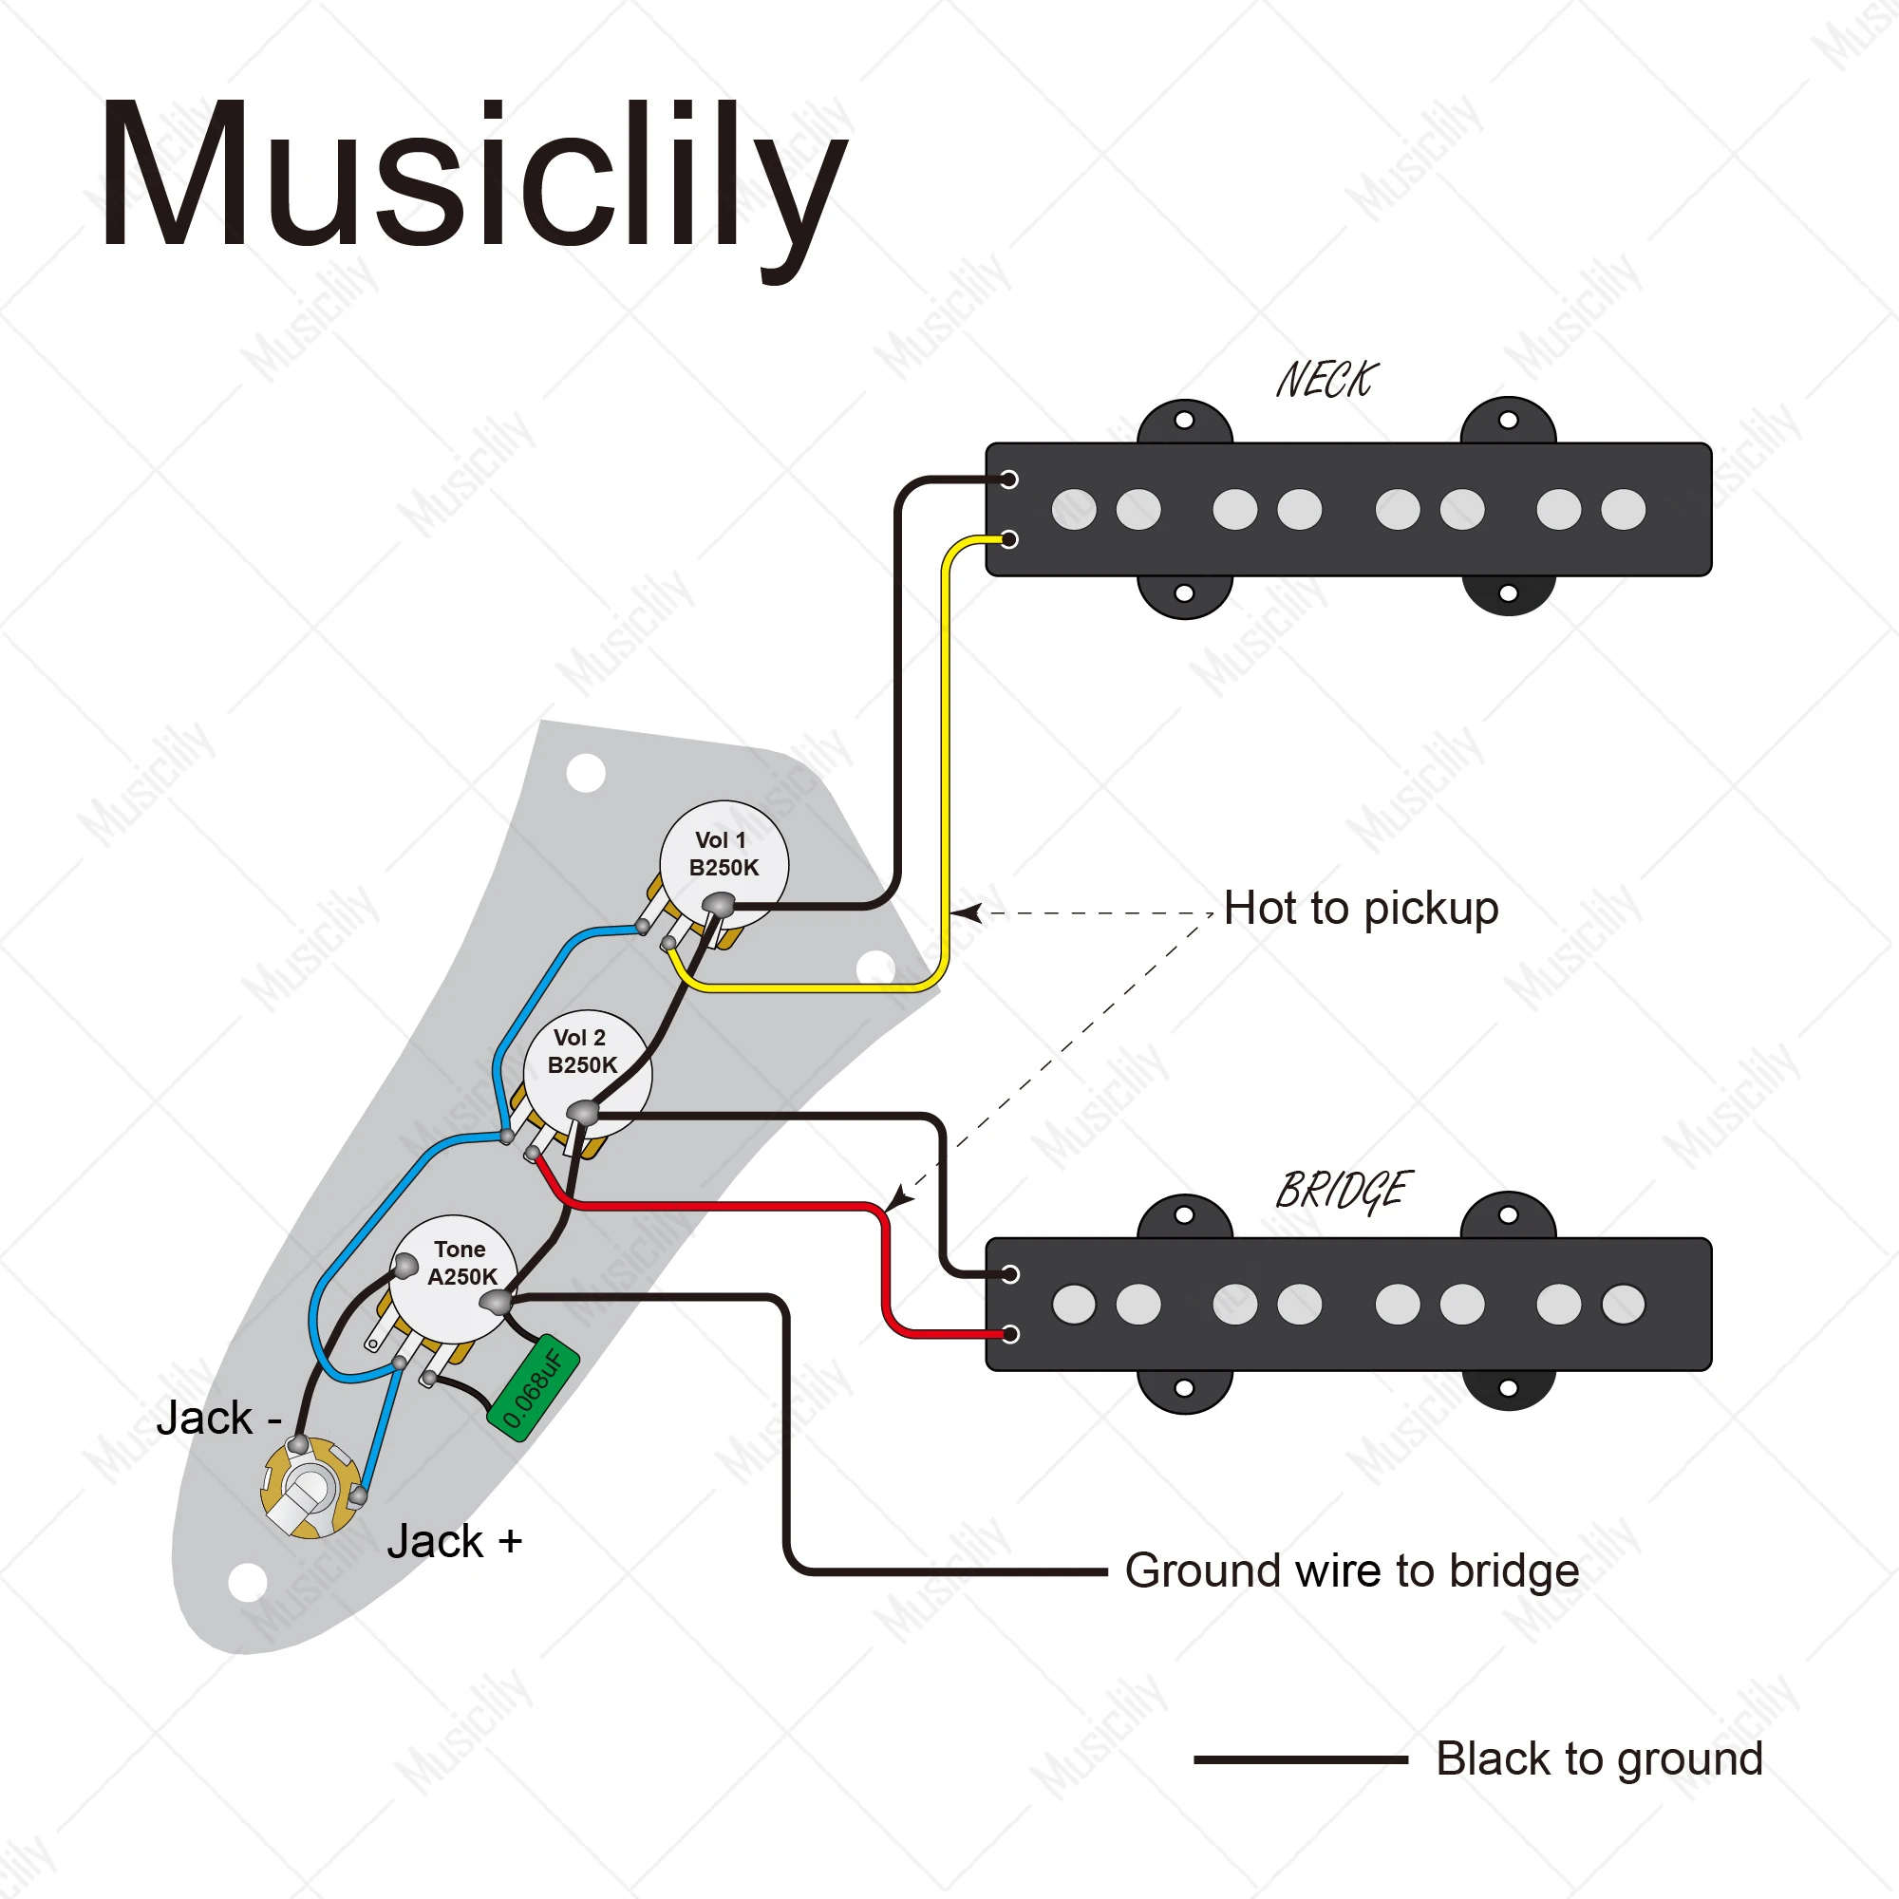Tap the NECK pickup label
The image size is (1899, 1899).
[x=1327, y=381]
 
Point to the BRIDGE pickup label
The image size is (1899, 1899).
[x=1344, y=1192]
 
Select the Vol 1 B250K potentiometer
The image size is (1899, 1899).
[x=724, y=865]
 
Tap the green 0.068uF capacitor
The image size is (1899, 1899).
[x=533, y=1387]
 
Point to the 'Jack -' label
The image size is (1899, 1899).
[x=219, y=1419]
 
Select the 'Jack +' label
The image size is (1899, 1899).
[x=454, y=1541]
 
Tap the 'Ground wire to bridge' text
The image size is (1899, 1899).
[x=1351, y=1570]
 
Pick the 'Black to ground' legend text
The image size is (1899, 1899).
[x=1599, y=1758]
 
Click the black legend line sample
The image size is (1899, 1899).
[x=1301, y=1759]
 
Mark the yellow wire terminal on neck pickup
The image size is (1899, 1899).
[x=1008, y=538]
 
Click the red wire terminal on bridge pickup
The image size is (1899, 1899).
[x=1009, y=1334]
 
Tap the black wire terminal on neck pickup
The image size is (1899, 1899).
[x=1008, y=479]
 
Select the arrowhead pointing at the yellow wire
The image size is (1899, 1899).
[x=967, y=913]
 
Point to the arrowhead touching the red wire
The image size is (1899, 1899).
[x=898, y=1197]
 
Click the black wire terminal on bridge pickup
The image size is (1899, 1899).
[x=1009, y=1275]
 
